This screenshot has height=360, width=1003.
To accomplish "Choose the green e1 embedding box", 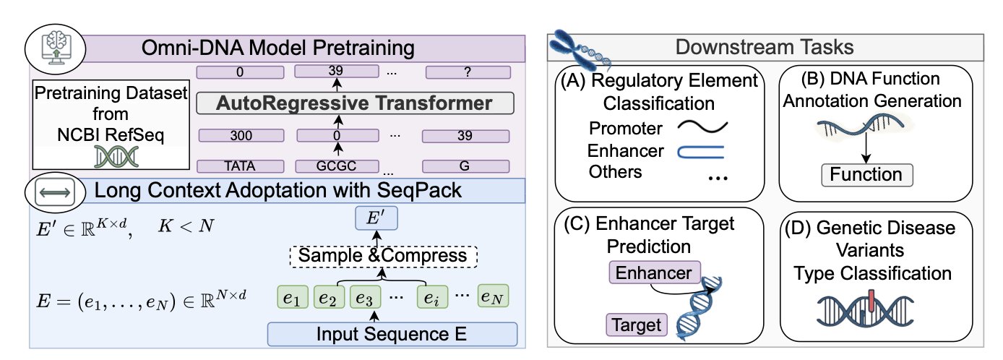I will click(293, 297).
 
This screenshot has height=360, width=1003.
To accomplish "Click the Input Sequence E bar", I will click(392, 335).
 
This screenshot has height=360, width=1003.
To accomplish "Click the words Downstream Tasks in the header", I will click(765, 48).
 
